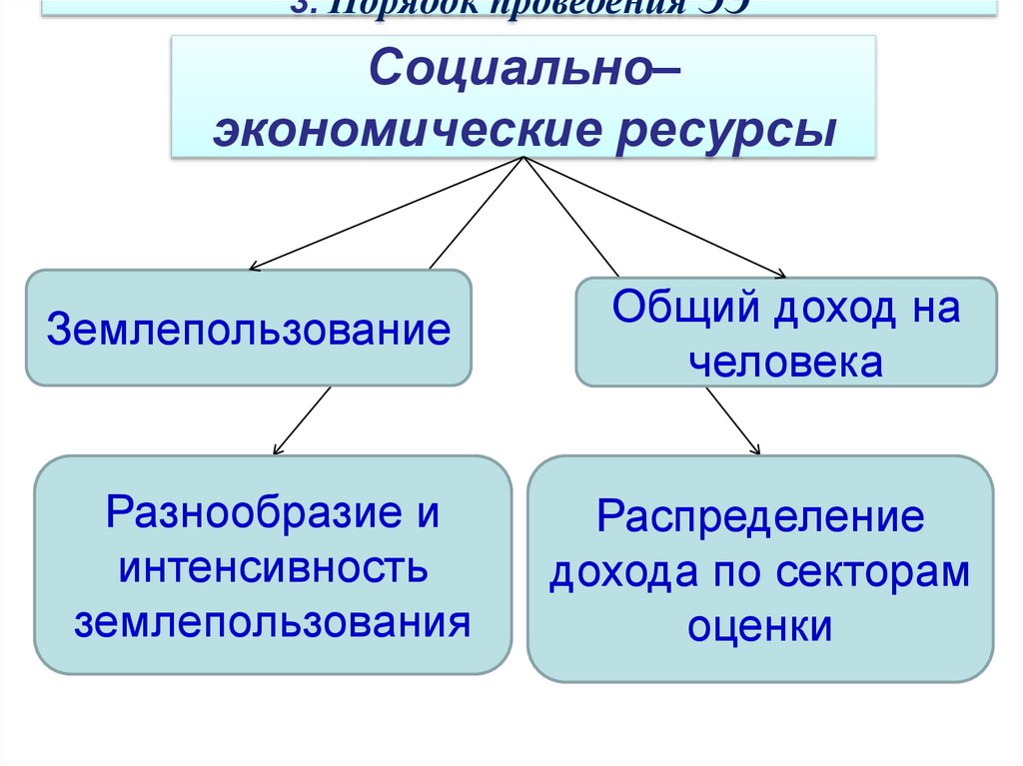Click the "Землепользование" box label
coord(248,329)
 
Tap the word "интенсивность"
coord(273,570)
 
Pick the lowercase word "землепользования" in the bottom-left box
coord(273,622)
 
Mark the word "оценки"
coord(760,626)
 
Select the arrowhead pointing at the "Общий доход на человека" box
coord(779,274)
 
